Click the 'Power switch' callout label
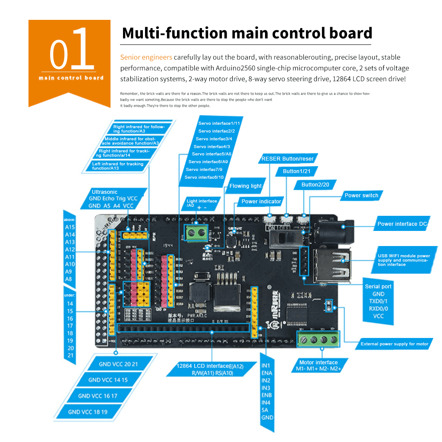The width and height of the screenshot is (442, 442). click(361, 196)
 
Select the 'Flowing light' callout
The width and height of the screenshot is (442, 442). click(245, 186)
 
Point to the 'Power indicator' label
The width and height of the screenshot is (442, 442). click(261, 202)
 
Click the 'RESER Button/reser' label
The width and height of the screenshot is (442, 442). click(287, 159)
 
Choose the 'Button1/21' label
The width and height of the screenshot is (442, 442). click(297, 171)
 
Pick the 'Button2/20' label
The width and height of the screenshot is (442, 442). click(316, 185)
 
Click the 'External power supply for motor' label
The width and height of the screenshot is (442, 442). click(395, 344)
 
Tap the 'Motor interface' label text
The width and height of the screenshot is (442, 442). click(318, 363)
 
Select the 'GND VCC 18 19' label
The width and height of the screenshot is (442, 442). click(88, 412)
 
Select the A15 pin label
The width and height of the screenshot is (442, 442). click(69, 227)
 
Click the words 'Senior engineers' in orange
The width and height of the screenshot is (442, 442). click(146, 57)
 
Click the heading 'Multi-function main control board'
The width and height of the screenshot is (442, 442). click(247, 33)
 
